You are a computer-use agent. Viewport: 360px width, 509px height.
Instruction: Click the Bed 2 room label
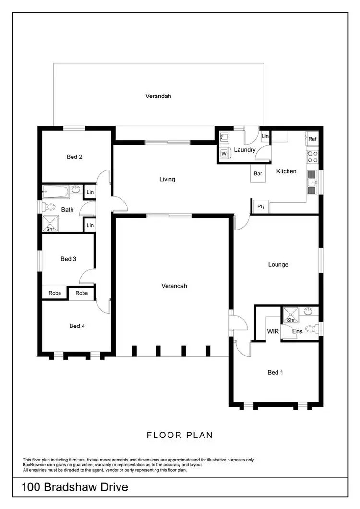pos(74,157)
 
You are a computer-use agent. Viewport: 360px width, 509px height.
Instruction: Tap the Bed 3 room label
pos(69,259)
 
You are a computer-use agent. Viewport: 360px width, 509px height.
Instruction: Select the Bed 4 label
pos(77,326)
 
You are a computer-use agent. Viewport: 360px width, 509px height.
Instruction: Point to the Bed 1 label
pos(276,372)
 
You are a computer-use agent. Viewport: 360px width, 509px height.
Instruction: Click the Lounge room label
pos(278,264)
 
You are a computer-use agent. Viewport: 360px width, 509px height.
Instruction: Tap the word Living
pos(167,179)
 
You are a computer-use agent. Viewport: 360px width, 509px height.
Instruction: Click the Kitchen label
pos(286,171)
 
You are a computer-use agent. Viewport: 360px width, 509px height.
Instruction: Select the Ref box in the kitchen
pos(312,139)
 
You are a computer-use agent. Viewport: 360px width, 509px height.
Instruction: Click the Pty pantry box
pos(261,206)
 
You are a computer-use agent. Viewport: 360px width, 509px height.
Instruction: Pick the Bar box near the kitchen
pos(258,173)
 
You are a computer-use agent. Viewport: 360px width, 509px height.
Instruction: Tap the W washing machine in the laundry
pos(224,154)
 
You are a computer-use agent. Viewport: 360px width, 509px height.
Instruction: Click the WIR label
pos(273,331)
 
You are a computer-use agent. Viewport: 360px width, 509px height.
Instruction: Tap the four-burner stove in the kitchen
pos(312,157)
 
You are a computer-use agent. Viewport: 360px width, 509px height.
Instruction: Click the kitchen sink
pos(312,182)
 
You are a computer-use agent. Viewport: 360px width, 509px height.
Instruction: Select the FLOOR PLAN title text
pos(180,435)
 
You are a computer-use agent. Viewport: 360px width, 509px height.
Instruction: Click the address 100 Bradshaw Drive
pos(75,487)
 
